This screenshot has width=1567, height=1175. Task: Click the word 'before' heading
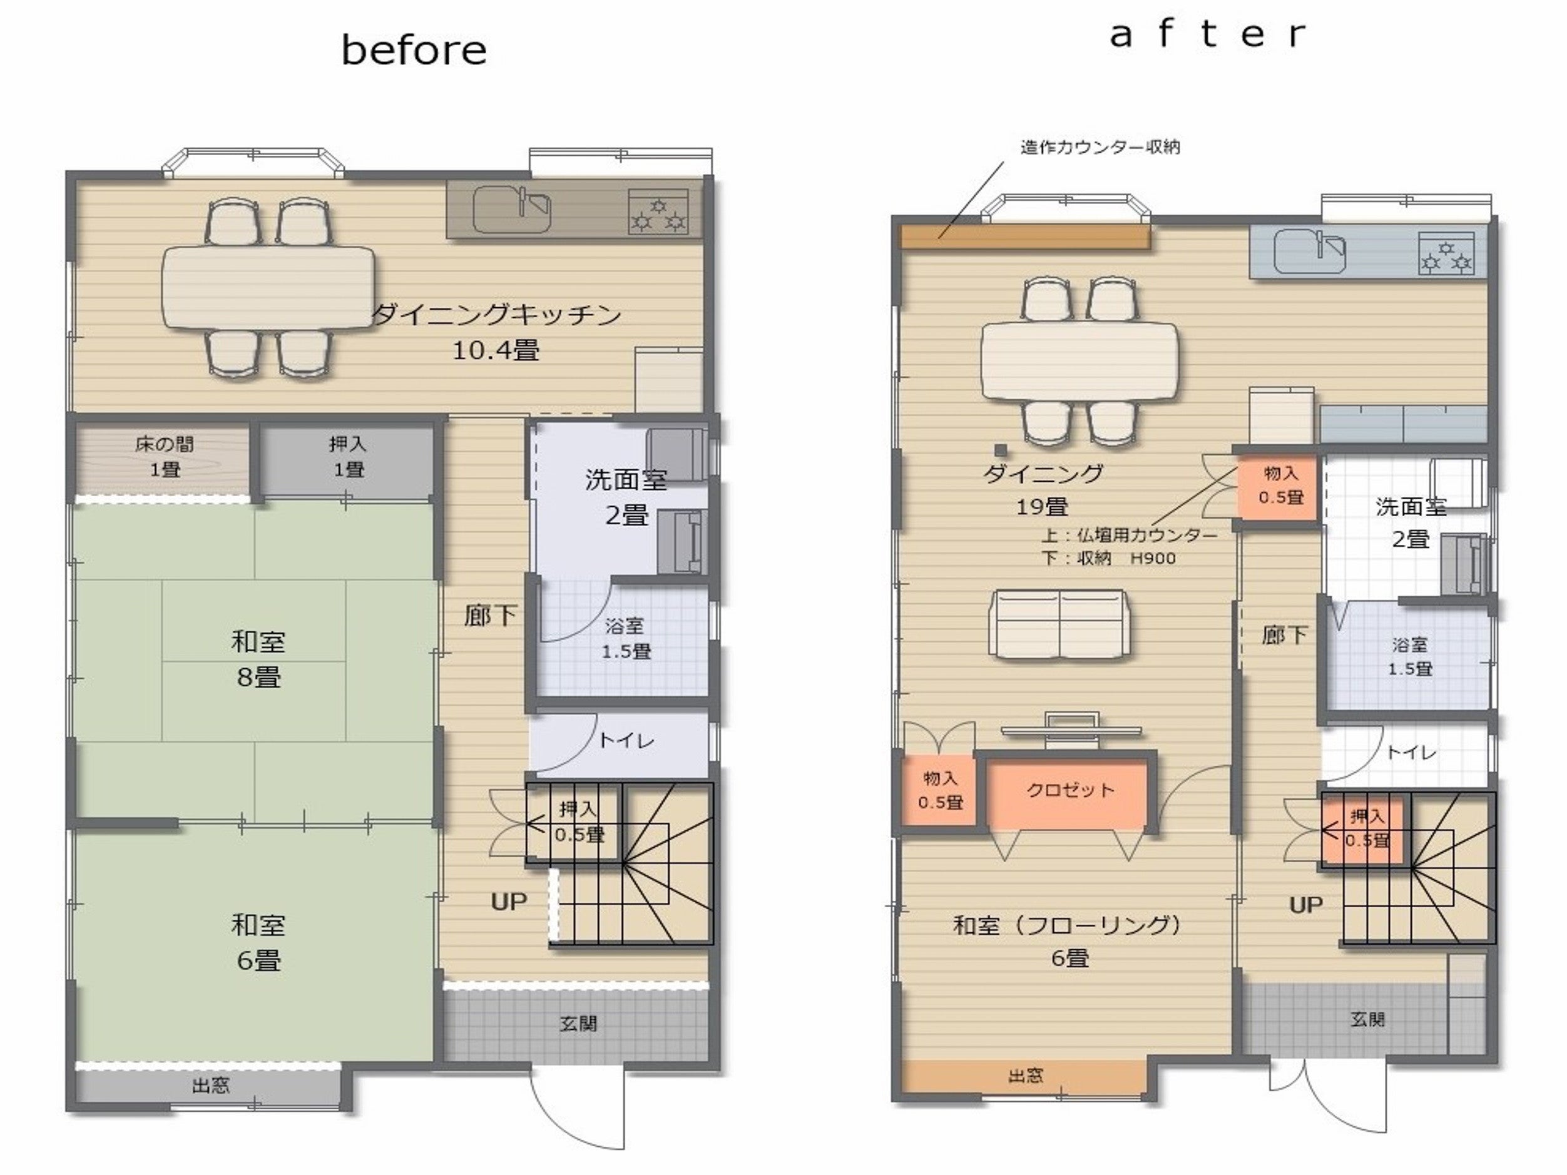point(414,50)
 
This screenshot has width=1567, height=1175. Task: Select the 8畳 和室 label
point(258,659)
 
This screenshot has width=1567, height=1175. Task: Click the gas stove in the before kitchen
point(658,211)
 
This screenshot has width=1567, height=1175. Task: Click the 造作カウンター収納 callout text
point(1100,147)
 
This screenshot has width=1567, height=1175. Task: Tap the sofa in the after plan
point(1059,624)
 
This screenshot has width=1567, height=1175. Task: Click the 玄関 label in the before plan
point(578,1024)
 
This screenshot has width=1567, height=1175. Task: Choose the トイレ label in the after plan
point(1411,752)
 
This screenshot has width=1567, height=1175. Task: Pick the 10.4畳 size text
point(496,350)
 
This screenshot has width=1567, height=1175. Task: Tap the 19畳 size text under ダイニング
point(1042,506)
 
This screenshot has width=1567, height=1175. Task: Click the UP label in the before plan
point(509,902)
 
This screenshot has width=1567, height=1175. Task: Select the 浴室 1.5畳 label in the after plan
point(1410,656)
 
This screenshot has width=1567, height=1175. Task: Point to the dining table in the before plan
point(268,287)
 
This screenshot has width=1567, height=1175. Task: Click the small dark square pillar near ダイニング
point(1000,449)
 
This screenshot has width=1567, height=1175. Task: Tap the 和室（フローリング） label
point(1068,925)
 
